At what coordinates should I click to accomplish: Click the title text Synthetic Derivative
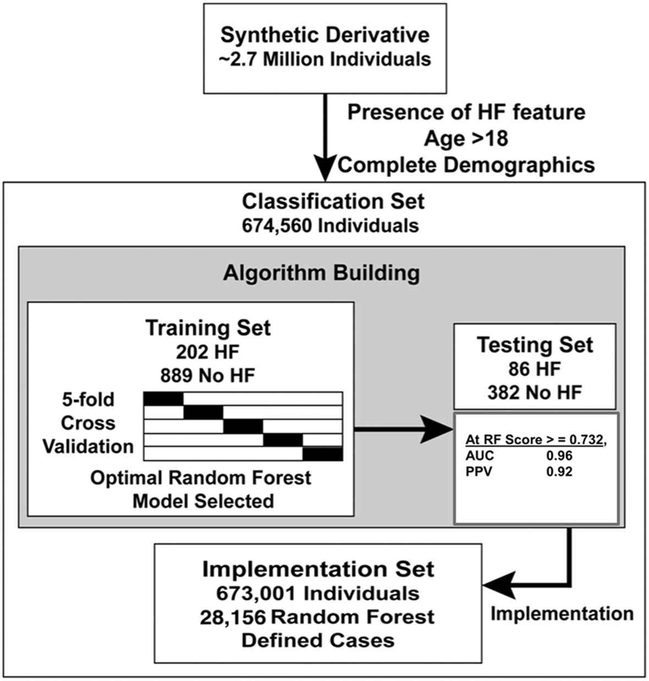324,35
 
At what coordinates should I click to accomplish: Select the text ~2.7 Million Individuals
324,59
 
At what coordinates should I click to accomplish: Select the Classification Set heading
333,201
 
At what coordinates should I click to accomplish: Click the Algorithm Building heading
321,273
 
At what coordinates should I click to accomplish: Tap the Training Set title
208,328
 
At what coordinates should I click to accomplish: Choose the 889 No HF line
208,376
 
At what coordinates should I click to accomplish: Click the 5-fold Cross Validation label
88,422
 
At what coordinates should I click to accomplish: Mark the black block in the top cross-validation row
163,398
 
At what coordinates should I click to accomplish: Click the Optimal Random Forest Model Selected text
201,489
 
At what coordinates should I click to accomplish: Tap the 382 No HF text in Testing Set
535,392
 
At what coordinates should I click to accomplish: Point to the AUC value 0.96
559,455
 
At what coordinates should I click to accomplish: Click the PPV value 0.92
559,471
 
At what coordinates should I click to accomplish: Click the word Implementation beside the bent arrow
562,613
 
